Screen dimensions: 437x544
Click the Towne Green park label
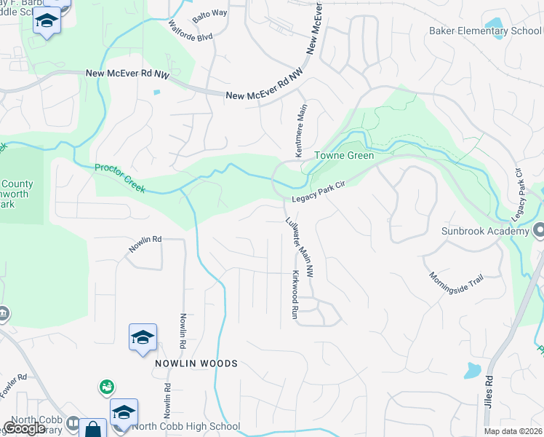344,155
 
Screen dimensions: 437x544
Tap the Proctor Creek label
120,178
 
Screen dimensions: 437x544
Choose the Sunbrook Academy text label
484,232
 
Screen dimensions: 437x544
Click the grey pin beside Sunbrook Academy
538,232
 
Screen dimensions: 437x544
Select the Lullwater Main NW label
300,248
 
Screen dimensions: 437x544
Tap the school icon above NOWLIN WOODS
143,337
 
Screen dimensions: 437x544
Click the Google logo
24,428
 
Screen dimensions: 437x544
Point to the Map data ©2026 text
513,431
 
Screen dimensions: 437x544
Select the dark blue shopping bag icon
93,429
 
